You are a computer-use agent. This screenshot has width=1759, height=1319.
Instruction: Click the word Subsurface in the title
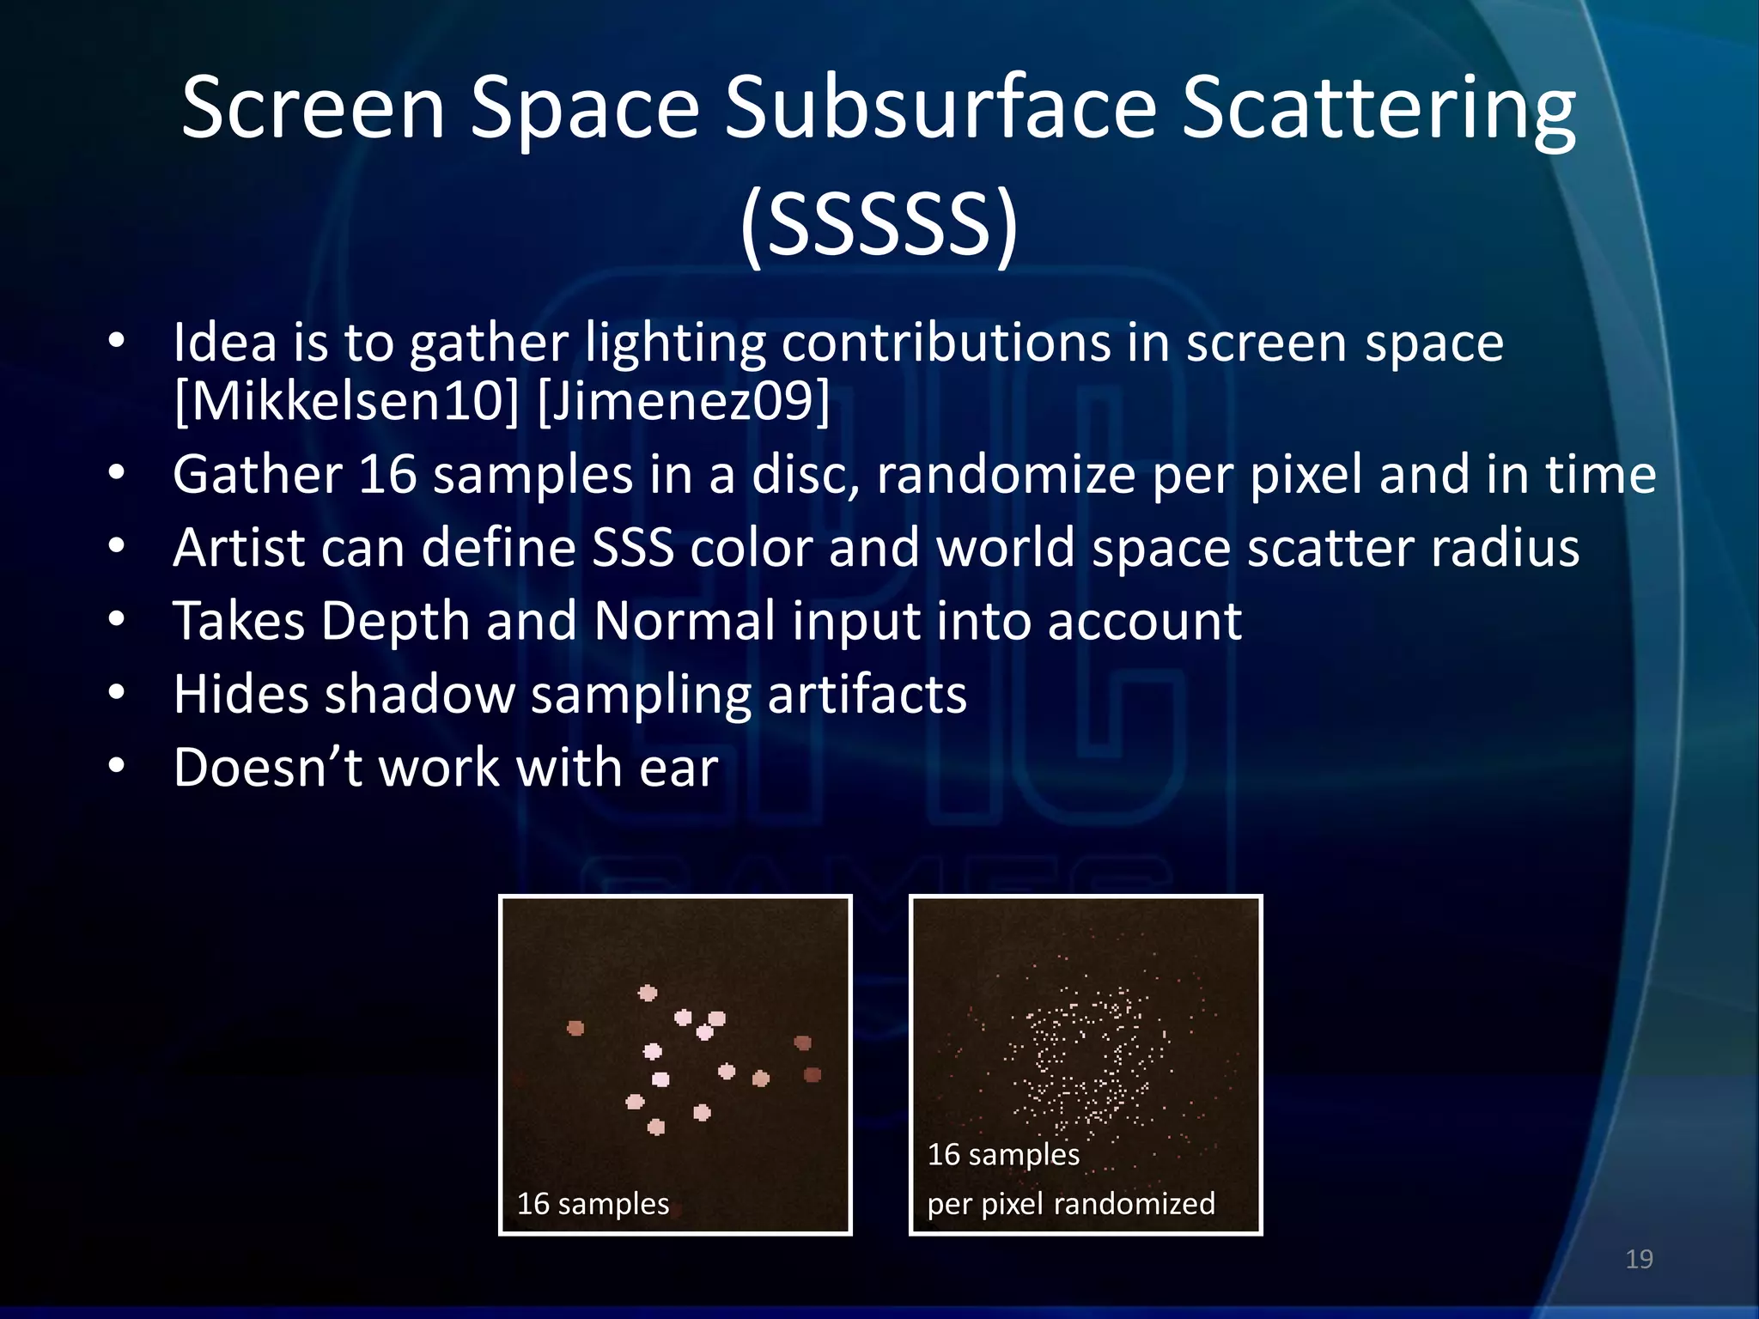(x=940, y=109)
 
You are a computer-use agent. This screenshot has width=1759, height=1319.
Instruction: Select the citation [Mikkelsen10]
(x=346, y=401)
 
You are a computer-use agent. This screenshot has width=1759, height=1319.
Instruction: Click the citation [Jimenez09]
(x=684, y=401)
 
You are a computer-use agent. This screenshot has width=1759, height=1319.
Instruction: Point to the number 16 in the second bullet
(x=386, y=474)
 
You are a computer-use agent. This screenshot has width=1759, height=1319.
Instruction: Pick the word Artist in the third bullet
(x=239, y=547)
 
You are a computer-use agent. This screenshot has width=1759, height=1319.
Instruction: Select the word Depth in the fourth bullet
(x=394, y=621)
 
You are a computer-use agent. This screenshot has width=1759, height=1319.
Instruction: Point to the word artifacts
(x=867, y=694)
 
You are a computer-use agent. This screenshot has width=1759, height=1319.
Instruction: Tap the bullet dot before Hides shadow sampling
(x=117, y=692)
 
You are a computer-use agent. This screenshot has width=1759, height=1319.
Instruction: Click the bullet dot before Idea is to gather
(x=117, y=341)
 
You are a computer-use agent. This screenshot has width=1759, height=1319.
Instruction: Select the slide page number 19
(x=1639, y=1259)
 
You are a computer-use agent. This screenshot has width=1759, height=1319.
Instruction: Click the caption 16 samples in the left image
(x=593, y=1203)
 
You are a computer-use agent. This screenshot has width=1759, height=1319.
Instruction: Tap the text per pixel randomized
(x=1070, y=1203)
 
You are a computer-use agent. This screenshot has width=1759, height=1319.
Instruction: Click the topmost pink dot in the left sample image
(x=648, y=993)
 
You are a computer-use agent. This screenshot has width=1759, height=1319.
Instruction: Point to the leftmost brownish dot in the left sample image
(x=575, y=1027)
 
